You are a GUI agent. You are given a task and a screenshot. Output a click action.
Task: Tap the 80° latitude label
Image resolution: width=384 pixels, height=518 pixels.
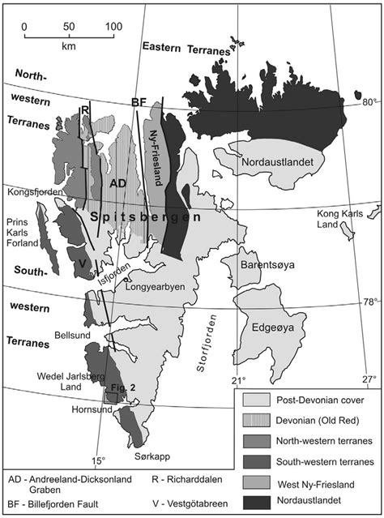369,102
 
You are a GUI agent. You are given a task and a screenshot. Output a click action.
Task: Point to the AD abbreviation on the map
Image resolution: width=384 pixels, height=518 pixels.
117,183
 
